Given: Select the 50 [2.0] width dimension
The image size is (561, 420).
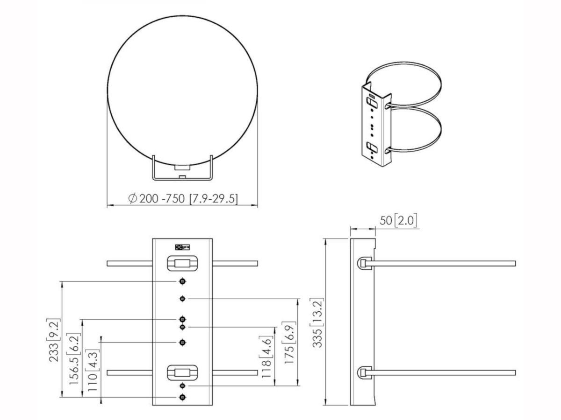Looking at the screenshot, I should pos(398,220).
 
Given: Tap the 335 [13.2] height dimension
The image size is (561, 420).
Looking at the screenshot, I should pos(317,322).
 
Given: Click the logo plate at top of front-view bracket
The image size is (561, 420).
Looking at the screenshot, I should pos(182,247).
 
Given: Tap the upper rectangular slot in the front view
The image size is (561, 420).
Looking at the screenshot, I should pos(182,263).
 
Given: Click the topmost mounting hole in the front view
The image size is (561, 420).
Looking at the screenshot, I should pos(182,281).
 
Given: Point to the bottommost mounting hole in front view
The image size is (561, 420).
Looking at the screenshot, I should pos(182,397).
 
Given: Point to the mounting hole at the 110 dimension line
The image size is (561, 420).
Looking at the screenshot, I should pos(182,343).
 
